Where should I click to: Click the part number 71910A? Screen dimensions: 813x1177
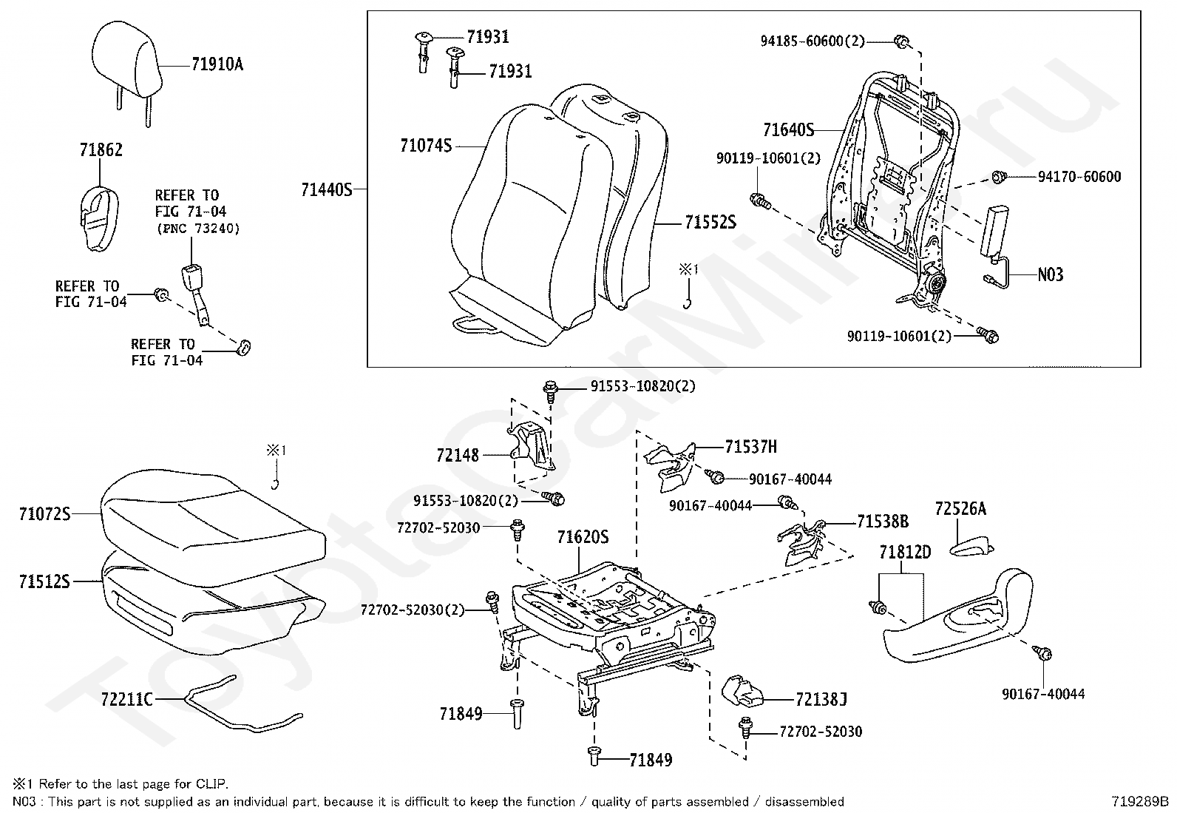tap(217, 65)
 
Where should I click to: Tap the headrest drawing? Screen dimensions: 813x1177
tap(126, 55)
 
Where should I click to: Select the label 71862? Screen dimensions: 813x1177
tap(101, 150)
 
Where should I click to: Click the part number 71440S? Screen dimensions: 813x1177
tap(326, 190)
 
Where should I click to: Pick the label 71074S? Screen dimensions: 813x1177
tap(425, 146)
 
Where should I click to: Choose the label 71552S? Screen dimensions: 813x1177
tap(710, 222)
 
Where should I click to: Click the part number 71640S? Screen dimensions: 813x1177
tap(788, 131)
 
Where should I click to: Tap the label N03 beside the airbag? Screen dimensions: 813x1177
tap(1050, 275)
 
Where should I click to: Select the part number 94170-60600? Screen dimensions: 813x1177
tap(1079, 177)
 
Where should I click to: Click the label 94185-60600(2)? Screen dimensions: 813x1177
tap(813, 41)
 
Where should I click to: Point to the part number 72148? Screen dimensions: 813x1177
tap(458, 456)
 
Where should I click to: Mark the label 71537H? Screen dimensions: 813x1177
tap(750, 447)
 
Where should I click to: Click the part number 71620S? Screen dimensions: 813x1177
tap(583, 537)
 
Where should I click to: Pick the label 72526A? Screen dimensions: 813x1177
tap(960, 509)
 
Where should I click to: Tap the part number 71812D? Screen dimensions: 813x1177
tap(905, 553)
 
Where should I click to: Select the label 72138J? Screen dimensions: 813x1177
tap(821, 699)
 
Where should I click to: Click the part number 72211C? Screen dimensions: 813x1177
tap(126, 698)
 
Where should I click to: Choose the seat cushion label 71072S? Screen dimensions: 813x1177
tap(44, 513)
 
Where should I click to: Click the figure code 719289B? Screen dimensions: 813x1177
tap(1139, 801)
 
